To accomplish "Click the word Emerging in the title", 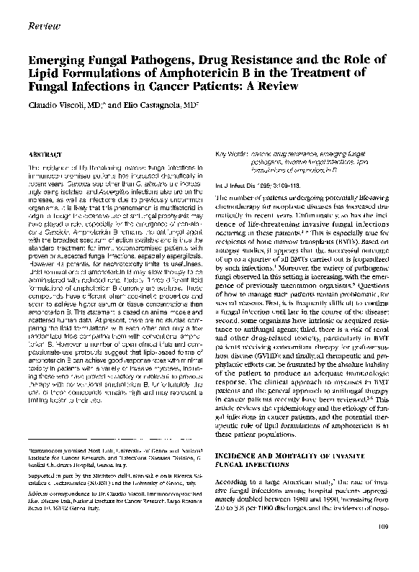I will point(55,60).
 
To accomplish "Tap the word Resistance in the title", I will point(248,60).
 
